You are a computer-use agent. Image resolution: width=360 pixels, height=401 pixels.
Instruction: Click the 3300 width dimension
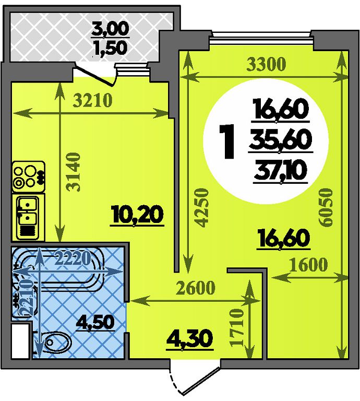[x=266, y=64]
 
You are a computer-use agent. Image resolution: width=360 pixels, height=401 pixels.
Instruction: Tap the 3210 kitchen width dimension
[x=92, y=100]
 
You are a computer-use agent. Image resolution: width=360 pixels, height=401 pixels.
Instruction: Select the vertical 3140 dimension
[x=75, y=172]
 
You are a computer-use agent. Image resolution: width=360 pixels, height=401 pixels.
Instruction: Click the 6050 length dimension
[x=326, y=208]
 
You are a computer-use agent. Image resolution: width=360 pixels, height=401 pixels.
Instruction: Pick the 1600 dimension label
[x=309, y=265]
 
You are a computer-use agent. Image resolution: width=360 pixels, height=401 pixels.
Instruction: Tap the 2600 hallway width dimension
[x=196, y=288]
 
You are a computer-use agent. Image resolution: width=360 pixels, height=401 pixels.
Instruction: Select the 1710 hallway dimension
[x=236, y=327]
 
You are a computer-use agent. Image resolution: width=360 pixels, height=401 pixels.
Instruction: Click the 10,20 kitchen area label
[x=137, y=215]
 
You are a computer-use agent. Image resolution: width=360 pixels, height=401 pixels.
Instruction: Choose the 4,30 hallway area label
[x=189, y=339]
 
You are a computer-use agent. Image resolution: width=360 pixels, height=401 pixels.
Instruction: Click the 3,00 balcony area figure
[x=111, y=29]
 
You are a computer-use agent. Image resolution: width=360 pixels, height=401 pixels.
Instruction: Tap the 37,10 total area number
[x=281, y=171]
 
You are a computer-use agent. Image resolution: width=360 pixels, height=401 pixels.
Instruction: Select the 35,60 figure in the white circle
[x=281, y=140]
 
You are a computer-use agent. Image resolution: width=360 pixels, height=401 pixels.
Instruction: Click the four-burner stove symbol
[x=28, y=176]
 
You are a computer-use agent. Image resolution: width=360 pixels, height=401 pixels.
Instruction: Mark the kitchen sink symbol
[x=28, y=217]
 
